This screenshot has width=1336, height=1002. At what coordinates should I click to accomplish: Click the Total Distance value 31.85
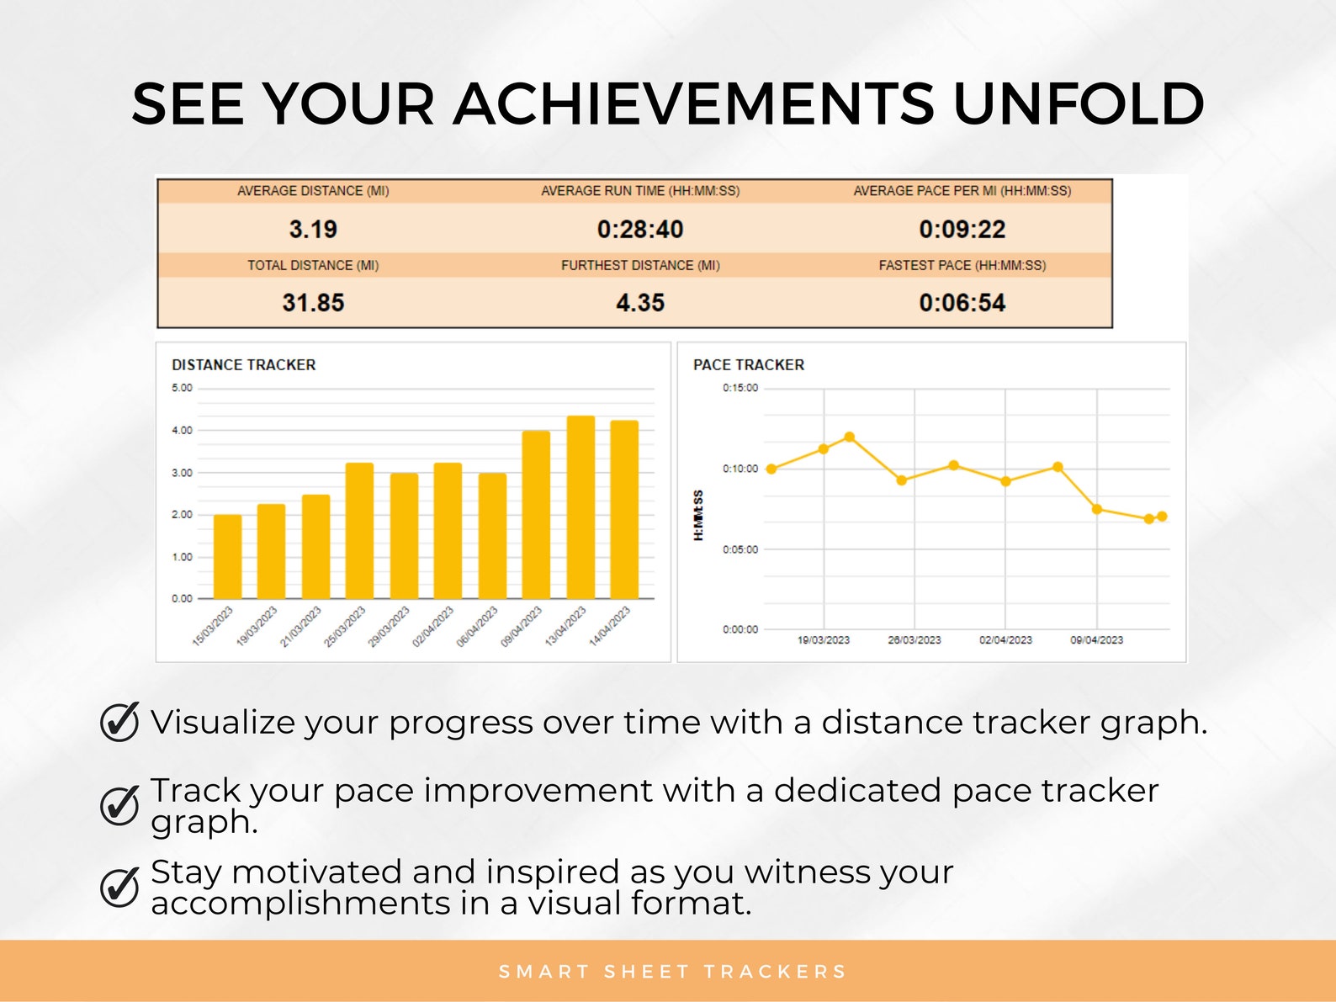pyautogui.click(x=313, y=303)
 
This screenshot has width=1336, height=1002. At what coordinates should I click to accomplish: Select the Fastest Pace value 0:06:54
pyautogui.click(x=962, y=303)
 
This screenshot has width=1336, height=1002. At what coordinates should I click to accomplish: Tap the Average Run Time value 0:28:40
pyautogui.click(x=639, y=229)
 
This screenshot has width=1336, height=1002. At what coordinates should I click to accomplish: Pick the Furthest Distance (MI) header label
pyautogui.click(x=640, y=265)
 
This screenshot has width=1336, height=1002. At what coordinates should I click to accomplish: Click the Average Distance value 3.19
pyautogui.click(x=313, y=229)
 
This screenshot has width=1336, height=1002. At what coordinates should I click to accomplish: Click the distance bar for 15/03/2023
pyautogui.click(x=227, y=557)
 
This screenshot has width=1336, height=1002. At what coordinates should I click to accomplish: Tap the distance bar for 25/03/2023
pyautogui.click(x=359, y=531)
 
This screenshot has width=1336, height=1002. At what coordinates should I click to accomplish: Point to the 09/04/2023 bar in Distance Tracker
pyautogui.click(x=536, y=515)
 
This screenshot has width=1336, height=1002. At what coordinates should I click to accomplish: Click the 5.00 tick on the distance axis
pyautogui.click(x=182, y=388)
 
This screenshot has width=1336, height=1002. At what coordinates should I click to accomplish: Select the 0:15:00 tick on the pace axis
pyautogui.click(x=740, y=388)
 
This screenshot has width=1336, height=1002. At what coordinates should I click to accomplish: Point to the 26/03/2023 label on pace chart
pyautogui.click(x=915, y=640)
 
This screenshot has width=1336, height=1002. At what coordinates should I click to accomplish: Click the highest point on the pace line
pyautogui.click(x=850, y=437)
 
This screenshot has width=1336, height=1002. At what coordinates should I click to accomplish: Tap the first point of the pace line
pyautogui.click(x=771, y=469)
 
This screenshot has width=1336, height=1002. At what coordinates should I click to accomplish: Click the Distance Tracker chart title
pyautogui.click(x=244, y=365)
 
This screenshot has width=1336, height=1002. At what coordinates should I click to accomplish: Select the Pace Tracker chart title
pyautogui.click(x=749, y=365)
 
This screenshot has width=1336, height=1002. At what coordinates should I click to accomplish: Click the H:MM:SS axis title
pyautogui.click(x=698, y=515)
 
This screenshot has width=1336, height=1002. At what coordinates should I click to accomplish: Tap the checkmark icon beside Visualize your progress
pyautogui.click(x=119, y=721)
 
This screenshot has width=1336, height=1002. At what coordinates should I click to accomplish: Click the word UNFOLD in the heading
pyautogui.click(x=1079, y=104)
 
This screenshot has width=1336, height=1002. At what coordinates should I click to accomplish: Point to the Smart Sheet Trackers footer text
pyautogui.click(x=672, y=972)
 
